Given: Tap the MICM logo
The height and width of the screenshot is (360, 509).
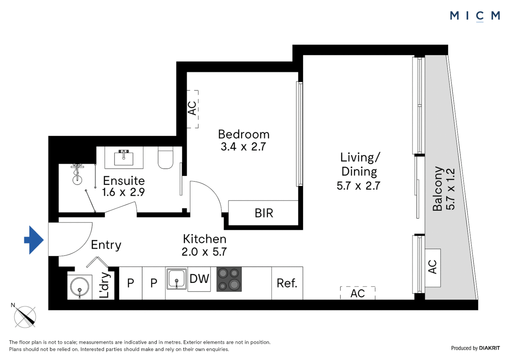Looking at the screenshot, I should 475,16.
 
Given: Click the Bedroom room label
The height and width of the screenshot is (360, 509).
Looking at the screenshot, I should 244,134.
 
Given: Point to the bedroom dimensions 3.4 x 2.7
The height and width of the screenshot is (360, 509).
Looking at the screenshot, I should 243,147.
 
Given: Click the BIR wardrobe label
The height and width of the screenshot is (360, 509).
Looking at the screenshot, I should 264,213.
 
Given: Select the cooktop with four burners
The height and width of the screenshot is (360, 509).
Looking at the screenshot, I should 229,279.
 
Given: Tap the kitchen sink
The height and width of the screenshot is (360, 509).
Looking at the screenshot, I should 176,279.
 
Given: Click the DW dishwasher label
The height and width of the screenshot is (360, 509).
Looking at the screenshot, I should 199,279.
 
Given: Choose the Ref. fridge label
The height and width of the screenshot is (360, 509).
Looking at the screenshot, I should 287,283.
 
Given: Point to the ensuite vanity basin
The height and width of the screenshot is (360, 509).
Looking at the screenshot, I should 124,158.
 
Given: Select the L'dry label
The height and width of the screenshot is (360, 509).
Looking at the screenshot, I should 105,285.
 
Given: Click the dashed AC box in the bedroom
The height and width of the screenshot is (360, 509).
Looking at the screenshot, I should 192,109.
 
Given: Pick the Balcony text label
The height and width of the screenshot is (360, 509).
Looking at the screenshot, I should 437,189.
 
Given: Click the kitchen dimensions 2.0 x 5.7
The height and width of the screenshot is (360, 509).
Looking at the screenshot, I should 204,252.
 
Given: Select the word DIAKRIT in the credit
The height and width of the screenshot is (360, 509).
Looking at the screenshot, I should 489,348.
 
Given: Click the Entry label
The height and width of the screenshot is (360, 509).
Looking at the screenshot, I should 106,245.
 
